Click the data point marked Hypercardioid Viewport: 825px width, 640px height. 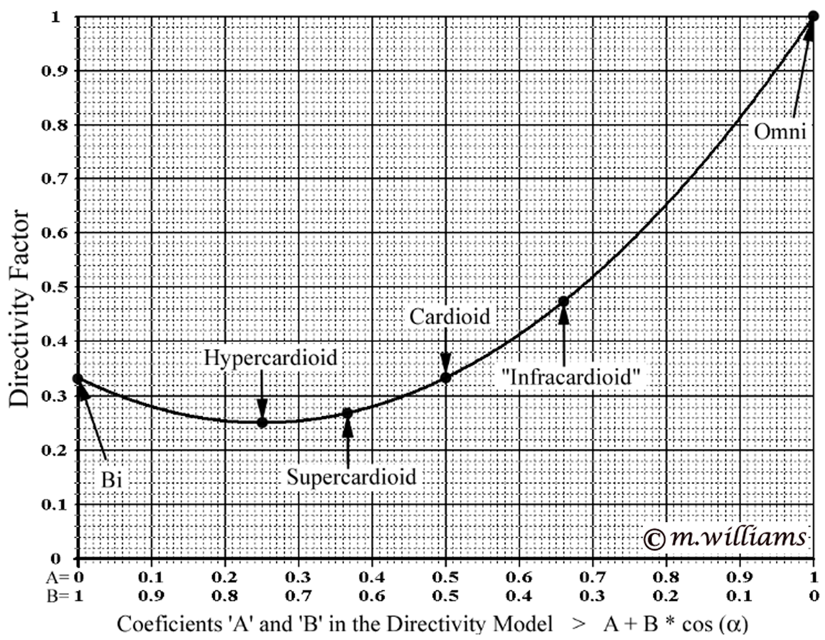point(262,422)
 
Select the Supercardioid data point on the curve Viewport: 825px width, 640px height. point(348,413)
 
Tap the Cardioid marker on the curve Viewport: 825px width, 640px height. point(446,377)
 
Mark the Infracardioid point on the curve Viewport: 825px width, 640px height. point(564,301)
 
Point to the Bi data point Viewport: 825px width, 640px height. point(78,378)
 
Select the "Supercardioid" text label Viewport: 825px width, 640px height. point(351,477)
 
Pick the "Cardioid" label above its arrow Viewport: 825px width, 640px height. point(449,317)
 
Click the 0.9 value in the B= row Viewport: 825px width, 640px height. point(151,596)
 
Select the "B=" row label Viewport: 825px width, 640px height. point(58,596)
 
